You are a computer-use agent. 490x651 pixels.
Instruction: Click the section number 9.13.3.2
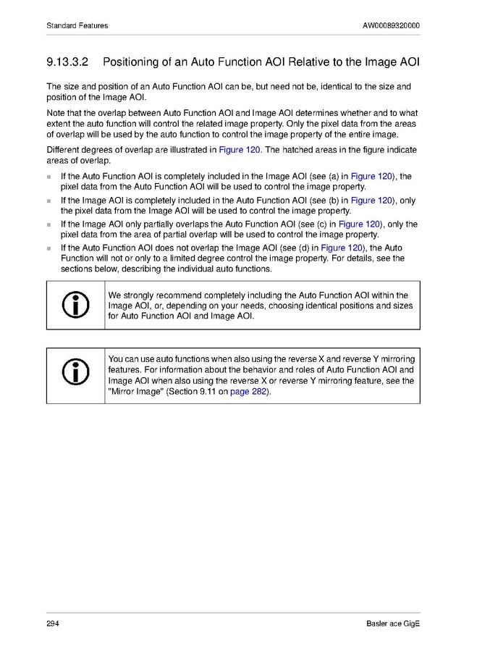[x=69, y=62]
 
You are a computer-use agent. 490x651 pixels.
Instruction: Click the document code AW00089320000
[x=391, y=26]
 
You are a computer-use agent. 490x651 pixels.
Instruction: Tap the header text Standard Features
[x=77, y=26]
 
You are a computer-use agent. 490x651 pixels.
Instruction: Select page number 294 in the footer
[x=52, y=624]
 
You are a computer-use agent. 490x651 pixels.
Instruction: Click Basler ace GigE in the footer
[x=393, y=624]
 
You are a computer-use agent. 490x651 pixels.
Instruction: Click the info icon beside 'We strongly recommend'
[x=76, y=306]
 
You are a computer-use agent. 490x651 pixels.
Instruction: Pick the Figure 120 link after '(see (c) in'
[x=360, y=224]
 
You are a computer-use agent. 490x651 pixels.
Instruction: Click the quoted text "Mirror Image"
[x=135, y=392]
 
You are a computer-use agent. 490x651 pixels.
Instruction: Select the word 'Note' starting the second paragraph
[x=55, y=113]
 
